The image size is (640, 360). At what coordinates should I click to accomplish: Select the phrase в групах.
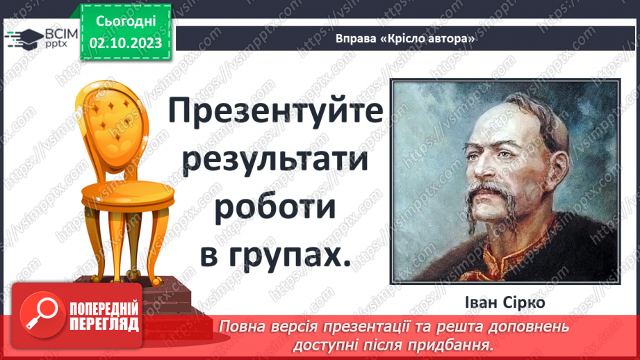pyautogui.click(x=274, y=254)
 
